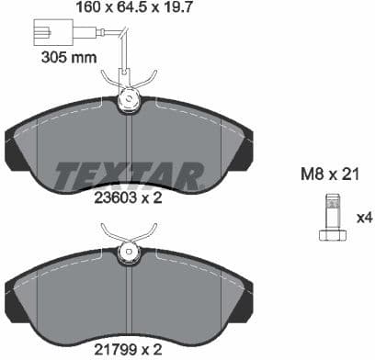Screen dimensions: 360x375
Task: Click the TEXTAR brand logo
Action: [129, 174]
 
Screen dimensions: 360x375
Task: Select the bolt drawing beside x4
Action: [332, 219]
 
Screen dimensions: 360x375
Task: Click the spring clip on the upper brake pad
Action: [130, 96]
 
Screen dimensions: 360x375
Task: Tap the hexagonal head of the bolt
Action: [332, 235]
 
